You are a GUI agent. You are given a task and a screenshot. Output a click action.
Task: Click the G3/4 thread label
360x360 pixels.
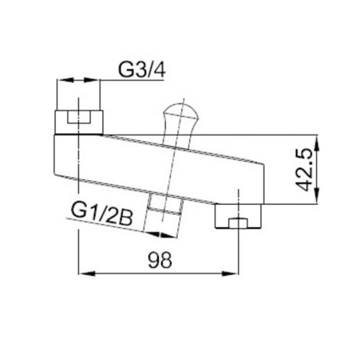[142, 69]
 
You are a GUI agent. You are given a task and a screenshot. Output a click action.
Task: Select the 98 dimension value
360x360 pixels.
[160, 260]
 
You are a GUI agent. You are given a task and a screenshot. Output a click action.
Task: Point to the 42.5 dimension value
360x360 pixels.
[304, 170]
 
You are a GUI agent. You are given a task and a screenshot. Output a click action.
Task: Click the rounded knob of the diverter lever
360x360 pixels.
[180, 113]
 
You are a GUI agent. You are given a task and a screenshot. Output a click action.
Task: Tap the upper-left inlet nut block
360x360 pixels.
[79, 122]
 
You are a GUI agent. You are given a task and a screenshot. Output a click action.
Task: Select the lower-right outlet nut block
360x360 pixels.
[238, 216]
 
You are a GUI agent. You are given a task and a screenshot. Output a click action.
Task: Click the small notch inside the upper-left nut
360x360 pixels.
[78, 117]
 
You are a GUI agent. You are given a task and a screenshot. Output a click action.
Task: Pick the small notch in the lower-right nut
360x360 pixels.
[238, 224]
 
